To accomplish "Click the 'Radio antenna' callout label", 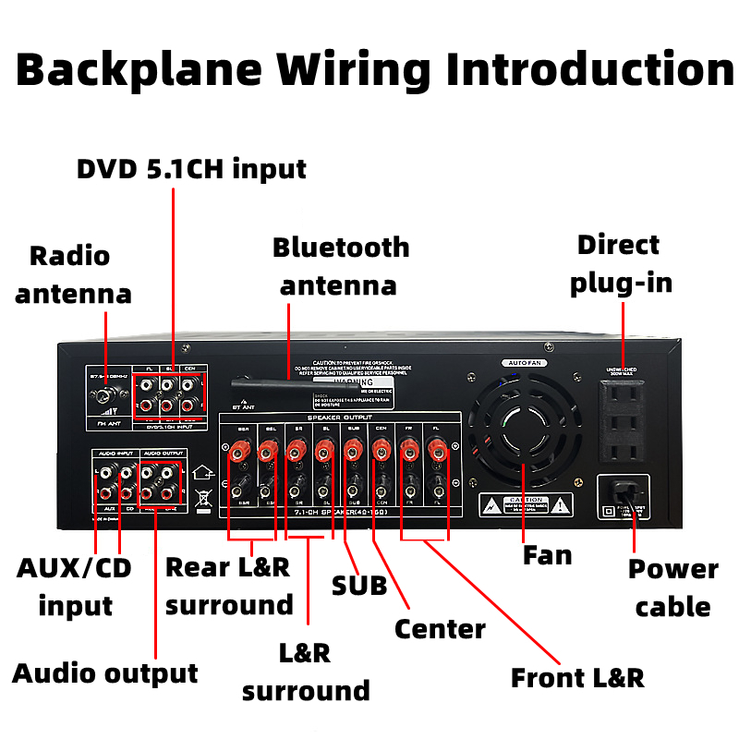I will click(73, 274).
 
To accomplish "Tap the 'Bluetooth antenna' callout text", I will click(340, 266).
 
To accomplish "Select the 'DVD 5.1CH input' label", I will click(191, 169).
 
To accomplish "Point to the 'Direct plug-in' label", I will click(620, 263).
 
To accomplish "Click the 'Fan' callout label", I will click(548, 555).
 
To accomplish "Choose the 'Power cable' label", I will click(672, 588).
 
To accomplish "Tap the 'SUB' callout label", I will click(359, 586).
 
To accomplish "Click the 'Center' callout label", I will click(440, 629).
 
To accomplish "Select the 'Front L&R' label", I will click(577, 677).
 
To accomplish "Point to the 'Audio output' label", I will click(105, 673).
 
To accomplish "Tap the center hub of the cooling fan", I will click(523, 427).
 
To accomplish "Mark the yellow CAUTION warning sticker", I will click(526, 504).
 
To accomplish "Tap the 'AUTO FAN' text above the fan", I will click(522, 363).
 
